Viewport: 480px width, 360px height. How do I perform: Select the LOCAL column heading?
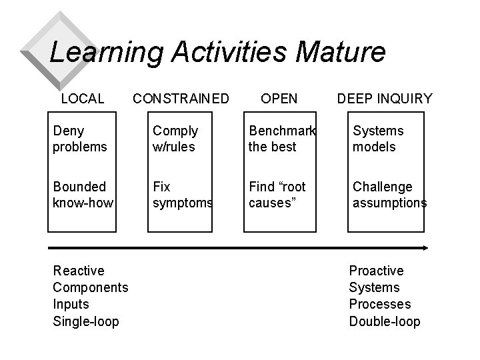pos(83,99)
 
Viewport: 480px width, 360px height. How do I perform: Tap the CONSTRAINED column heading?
pos(181,99)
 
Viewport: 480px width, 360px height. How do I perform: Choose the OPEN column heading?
pos(279,99)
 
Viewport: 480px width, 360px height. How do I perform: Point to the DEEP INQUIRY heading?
pos(385,99)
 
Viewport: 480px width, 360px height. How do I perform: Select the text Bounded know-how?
pos(83,194)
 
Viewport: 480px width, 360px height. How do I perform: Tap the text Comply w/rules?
pos(175,139)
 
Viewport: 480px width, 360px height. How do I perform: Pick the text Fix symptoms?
pos(182,194)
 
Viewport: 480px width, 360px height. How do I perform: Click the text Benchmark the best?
pos(281,139)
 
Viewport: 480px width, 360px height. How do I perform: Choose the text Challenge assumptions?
pos(389,194)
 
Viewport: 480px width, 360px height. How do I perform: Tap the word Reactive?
pos(79,271)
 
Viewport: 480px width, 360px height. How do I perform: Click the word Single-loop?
pos(85,321)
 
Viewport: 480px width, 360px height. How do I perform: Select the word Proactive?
pos(376,271)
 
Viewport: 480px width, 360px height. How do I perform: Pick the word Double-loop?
pos(385,321)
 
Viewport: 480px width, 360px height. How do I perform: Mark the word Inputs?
pos(70,305)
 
